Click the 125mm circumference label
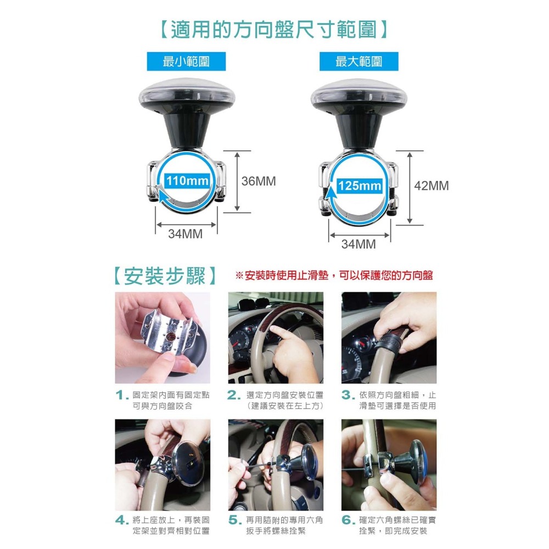click(360, 186)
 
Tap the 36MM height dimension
click(259, 181)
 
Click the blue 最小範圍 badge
click(186, 61)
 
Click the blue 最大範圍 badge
click(358, 61)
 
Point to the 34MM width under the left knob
click(185, 234)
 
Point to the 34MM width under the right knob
click(358, 244)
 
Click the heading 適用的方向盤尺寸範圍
click(274, 29)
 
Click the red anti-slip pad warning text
click(334, 276)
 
